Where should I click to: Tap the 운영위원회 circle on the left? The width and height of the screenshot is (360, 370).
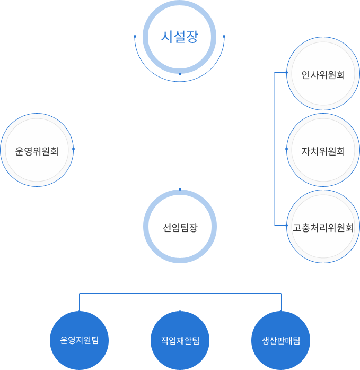pos(37,151)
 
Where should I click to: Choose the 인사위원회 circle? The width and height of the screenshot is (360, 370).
pos(323,75)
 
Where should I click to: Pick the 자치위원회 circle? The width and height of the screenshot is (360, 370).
pos(323,151)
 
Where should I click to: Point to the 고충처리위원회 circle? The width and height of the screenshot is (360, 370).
pos(323,227)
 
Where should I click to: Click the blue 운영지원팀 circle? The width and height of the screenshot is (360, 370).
pos(80,340)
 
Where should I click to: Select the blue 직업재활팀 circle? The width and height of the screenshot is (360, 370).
pos(180,340)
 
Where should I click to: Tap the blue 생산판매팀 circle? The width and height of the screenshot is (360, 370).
pos(280,340)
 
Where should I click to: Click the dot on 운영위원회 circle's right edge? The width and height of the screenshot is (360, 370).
pos(73,149)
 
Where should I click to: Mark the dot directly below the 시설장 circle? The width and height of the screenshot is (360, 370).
pos(180,74)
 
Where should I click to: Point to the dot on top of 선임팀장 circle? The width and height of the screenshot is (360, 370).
pos(180,190)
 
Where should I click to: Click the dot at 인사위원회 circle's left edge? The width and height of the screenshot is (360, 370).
pos(286,72)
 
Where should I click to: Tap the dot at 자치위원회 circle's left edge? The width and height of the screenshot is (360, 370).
pos(286,149)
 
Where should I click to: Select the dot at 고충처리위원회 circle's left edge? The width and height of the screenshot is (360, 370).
pos(286,225)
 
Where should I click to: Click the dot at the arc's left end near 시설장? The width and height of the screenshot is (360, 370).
pos(135,37)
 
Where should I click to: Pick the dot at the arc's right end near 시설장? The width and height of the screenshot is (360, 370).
pos(224,37)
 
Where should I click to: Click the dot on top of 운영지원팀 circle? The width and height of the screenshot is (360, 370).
pos(80,311)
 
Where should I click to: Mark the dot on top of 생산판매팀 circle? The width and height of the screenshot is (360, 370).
pos(280,311)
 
